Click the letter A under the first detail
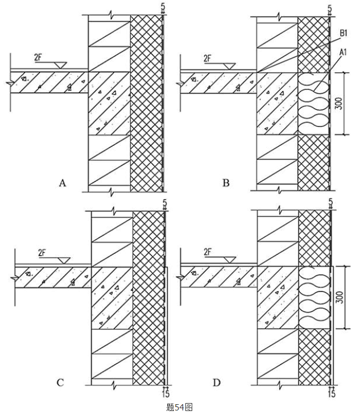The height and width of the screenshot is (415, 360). coord(63,183)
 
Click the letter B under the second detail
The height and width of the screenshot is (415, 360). coord(226,183)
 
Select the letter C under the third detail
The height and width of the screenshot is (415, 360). coord(60,382)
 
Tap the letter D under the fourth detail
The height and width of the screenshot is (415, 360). coord(217,382)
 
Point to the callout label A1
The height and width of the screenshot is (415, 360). coord(343,52)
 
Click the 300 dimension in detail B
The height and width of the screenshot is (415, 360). coord(340,103)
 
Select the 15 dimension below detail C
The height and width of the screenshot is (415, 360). coord(165,393)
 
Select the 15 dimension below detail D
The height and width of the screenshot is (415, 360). coord(332,393)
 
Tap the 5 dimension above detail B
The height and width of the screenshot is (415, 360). coord(329,7)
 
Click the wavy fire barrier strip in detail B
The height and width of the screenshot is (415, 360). coord(314,102)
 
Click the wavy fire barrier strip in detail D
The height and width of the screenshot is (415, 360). coord(315,297)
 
